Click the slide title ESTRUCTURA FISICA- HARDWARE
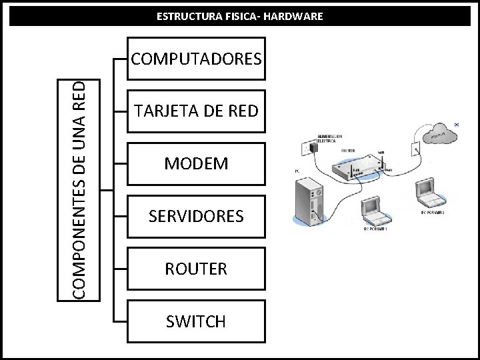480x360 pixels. pos(239,15)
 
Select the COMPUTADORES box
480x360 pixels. pos(197,59)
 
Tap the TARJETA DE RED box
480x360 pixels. pos(197,111)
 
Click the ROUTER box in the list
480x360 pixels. pos(197,269)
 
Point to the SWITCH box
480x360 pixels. pos(197,321)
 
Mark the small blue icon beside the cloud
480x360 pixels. pos(456,124)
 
